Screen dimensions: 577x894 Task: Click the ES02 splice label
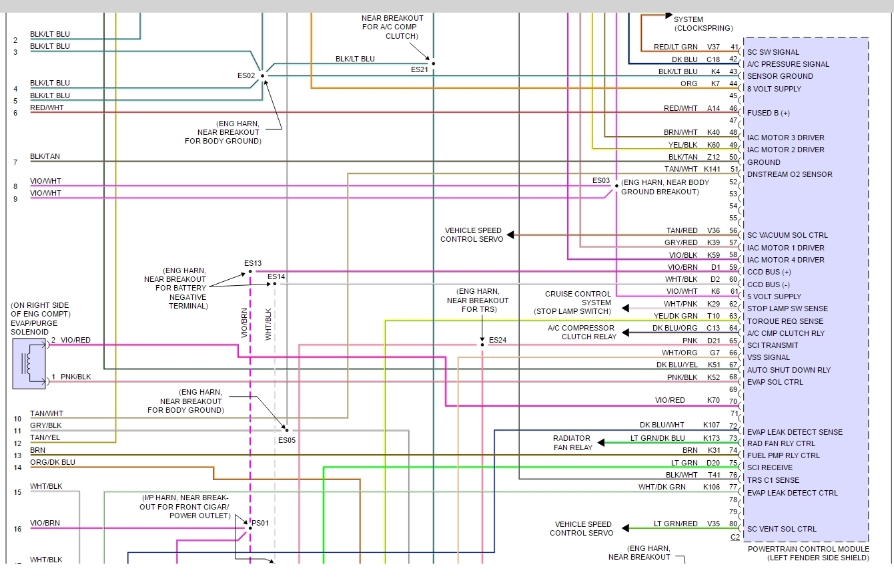(246, 75)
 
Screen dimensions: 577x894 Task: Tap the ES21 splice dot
(433, 63)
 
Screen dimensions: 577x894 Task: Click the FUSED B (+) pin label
(768, 113)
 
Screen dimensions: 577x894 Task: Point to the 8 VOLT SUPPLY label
(774, 89)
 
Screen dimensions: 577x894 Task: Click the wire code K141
(712, 169)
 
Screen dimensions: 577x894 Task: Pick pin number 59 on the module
(734, 267)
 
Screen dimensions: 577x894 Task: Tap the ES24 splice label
(498, 340)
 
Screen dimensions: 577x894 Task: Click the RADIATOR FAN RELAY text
(572, 443)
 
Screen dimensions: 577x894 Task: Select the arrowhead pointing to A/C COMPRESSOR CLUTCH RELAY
(622, 328)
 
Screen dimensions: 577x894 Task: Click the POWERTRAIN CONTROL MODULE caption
(808, 549)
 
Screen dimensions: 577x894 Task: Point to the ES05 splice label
(287, 440)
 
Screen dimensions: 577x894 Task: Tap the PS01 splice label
(260, 522)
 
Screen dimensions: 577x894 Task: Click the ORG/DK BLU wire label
(53, 462)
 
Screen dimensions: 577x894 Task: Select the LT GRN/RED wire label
(676, 524)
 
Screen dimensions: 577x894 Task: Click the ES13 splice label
(253, 263)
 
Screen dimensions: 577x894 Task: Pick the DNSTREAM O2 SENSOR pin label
(789, 174)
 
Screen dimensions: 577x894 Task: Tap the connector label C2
(735, 536)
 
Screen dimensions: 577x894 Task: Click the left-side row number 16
(17, 529)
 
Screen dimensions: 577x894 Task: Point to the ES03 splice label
(601, 180)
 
